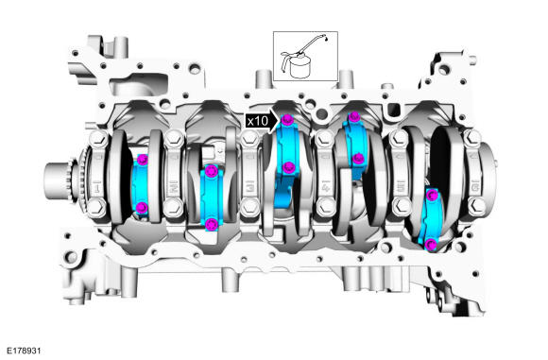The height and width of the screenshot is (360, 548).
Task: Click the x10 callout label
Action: pos(258,121)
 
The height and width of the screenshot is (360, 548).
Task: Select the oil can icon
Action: pos(303,56)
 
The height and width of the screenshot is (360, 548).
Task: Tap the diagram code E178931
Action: pos(25,351)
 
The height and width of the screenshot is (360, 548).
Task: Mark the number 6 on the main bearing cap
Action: pos(474,188)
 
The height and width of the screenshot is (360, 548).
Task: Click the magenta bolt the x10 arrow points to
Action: pos(287,120)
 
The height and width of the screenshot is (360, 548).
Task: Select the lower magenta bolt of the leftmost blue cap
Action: pos(142,208)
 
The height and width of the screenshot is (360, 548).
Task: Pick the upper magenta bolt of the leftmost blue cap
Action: pos(143,160)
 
